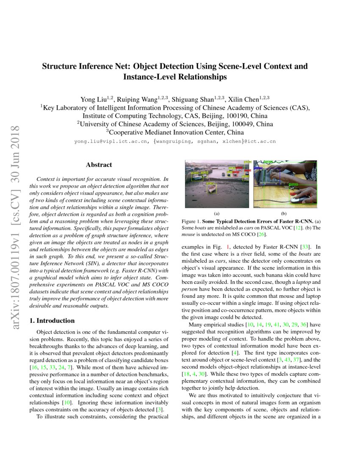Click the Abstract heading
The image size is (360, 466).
[99, 165]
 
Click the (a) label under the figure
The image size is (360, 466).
[217, 214]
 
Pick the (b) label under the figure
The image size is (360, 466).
[284, 214]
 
